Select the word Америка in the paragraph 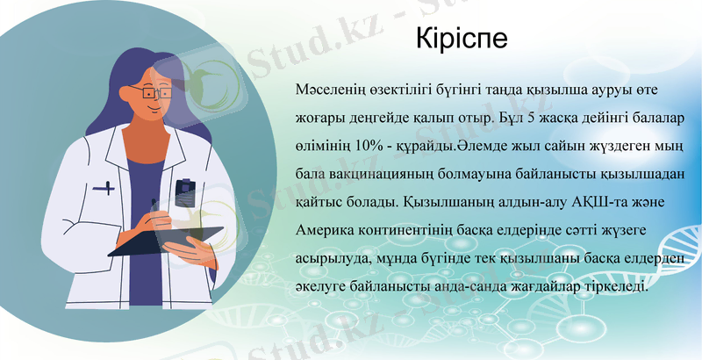click(x=329, y=232)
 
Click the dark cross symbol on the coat click(x=104, y=187)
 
